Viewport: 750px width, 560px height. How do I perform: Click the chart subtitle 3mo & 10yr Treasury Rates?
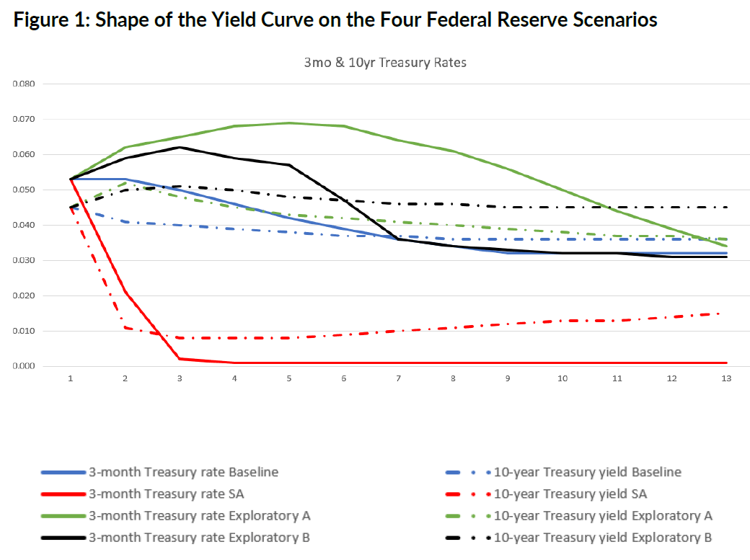384,63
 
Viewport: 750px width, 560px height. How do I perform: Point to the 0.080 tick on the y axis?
24,84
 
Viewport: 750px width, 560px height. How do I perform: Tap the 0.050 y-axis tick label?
24,190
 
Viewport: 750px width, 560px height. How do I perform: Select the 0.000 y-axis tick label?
24,366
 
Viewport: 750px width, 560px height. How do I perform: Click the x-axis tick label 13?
726,378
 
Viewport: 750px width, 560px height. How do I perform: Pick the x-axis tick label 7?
398,378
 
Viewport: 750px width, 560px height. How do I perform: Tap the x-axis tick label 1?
71,378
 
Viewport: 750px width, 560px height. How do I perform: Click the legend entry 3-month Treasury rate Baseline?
183,472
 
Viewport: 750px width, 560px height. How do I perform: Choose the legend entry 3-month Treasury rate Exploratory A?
199,515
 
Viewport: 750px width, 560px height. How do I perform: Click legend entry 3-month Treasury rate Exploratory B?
199,537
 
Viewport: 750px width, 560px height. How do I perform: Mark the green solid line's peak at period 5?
289,123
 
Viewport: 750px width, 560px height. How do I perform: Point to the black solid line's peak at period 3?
180,147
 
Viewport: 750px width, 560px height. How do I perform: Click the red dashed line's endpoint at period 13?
726,314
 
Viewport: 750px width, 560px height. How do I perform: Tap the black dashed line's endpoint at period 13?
726,207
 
